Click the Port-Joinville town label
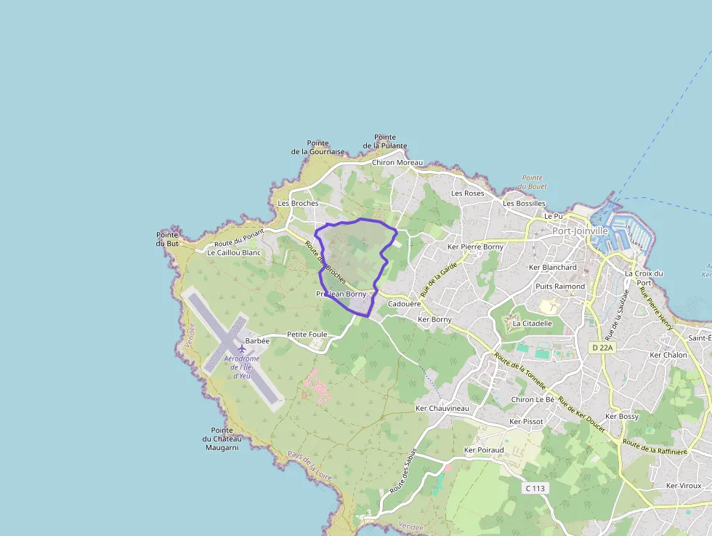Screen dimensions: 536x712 pyautogui.click(x=579, y=231)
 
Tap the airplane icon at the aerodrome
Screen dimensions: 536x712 pyautogui.click(x=242, y=349)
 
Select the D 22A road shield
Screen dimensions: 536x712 pyautogui.click(x=602, y=348)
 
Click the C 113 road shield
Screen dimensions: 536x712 pyautogui.click(x=535, y=488)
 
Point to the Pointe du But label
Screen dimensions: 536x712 pyautogui.click(x=167, y=239)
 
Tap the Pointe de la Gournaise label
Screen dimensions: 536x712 pyautogui.click(x=317, y=148)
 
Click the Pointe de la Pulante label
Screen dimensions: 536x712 pyautogui.click(x=384, y=142)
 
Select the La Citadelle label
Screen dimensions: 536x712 pyautogui.click(x=533, y=323)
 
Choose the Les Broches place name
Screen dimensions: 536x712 pyautogui.click(x=298, y=204)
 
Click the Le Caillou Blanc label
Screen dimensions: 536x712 pyautogui.click(x=233, y=252)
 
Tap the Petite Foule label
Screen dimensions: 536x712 pyautogui.click(x=307, y=335)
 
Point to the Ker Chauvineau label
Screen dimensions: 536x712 pyautogui.click(x=442, y=409)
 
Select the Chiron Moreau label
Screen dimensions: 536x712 pyautogui.click(x=397, y=162)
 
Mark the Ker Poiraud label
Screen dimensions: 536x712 pyautogui.click(x=484, y=450)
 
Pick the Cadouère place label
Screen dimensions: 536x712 pyautogui.click(x=405, y=304)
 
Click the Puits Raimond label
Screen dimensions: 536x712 pyautogui.click(x=559, y=287)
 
